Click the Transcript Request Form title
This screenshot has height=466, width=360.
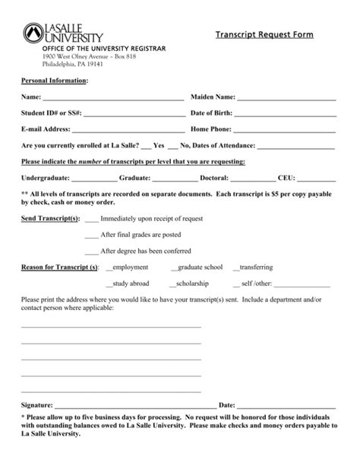(264, 35)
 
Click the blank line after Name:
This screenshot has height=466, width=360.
(112, 99)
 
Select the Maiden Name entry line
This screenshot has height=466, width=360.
(286, 99)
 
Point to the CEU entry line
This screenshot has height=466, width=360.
(317, 179)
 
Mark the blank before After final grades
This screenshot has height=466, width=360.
(91, 236)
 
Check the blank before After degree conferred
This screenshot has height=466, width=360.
(91, 252)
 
